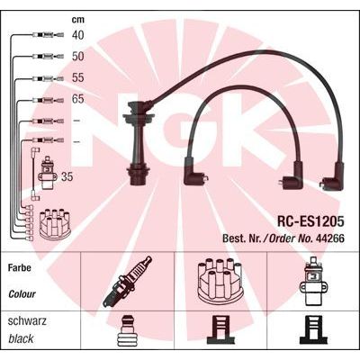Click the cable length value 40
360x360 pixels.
coord(77,35)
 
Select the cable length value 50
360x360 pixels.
coord(77,57)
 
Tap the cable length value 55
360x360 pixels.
coord(77,77)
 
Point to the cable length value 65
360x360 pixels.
coord(77,99)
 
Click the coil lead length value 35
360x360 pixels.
coord(67,176)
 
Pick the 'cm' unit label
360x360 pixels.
coord(78,20)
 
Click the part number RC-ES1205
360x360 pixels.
coord(310,222)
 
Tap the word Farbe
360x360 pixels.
coord(20,267)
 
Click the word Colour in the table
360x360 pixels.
coord(22,294)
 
